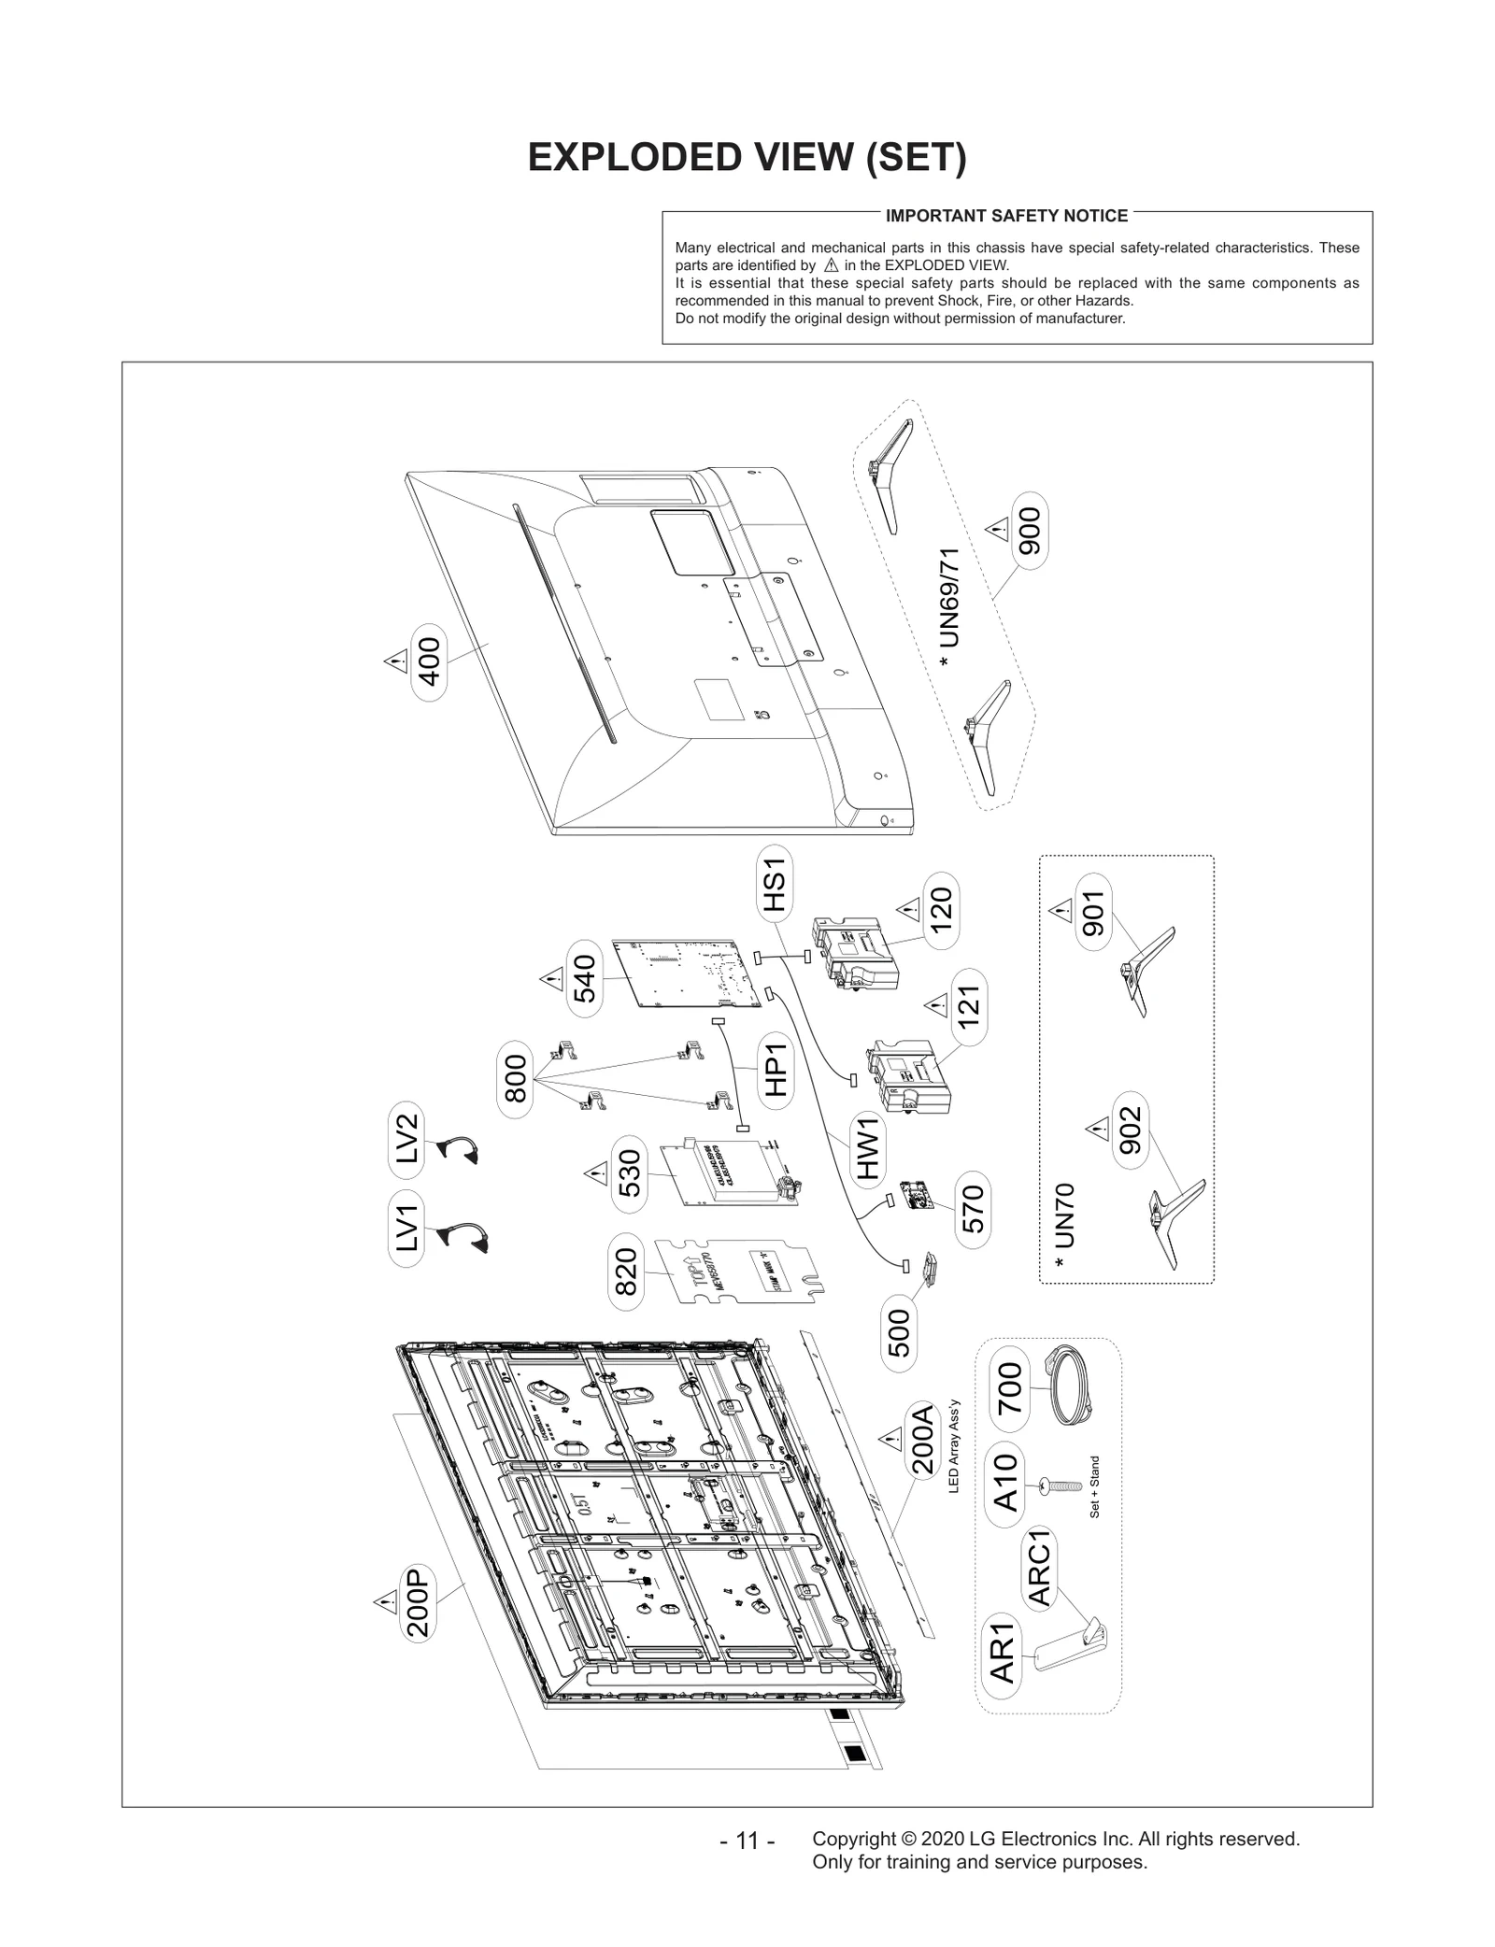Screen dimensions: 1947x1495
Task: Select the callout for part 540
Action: (x=584, y=978)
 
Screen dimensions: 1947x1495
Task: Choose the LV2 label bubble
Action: (x=406, y=1139)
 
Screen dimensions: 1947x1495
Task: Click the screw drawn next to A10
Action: (x=1057, y=1485)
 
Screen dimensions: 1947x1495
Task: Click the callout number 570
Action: (x=974, y=1208)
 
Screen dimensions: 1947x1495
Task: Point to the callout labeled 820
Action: (x=626, y=1272)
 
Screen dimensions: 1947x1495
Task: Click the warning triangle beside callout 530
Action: (x=592, y=1172)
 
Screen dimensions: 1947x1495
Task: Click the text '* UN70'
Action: (x=1063, y=1225)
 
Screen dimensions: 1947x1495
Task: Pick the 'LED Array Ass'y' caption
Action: (x=954, y=1458)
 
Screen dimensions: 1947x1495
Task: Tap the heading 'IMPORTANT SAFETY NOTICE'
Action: (x=1006, y=216)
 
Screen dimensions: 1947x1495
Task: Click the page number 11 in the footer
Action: (x=747, y=1840)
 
